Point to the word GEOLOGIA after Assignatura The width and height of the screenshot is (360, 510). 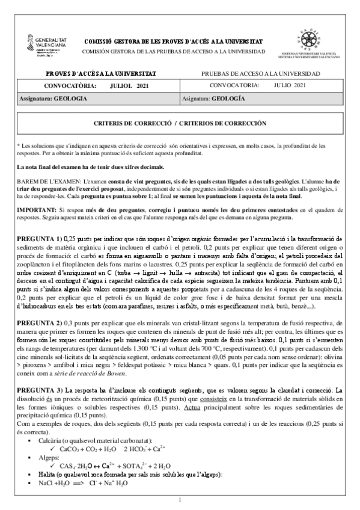coord(71,97)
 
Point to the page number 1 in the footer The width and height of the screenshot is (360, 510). coord(180,500)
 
